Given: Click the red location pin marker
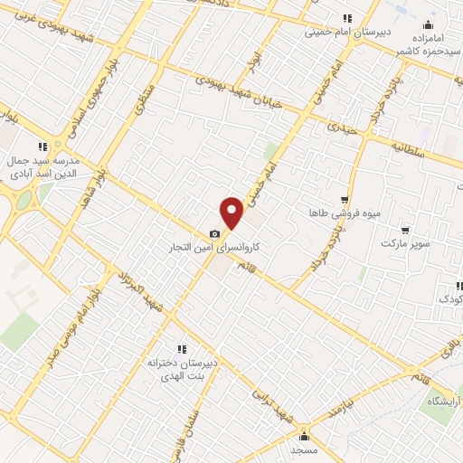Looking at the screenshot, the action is [x=232, y=213].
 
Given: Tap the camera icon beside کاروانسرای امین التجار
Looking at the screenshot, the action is [x=214, y=233].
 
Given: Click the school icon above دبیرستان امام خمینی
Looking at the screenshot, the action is [x=347, y=18].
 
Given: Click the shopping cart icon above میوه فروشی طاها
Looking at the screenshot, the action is [x=344, y=200].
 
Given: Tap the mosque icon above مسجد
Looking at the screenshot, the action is [x=304, y=435].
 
